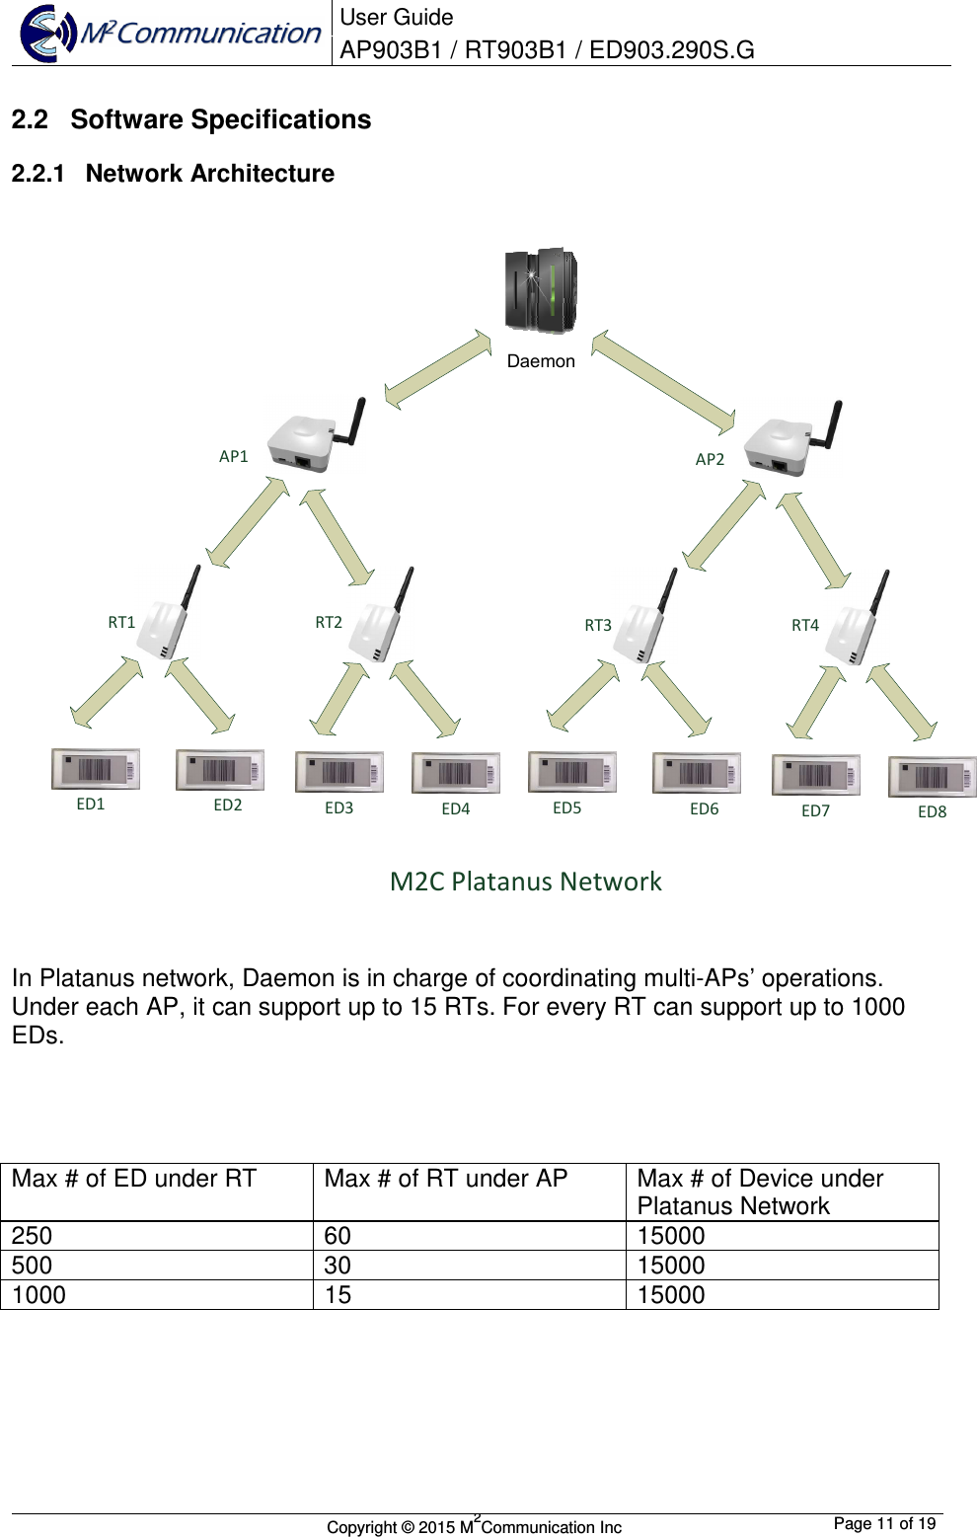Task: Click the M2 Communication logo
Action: pyautogui.click(x=171, y=33)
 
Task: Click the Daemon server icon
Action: pyautogui.click(x=541, y=290)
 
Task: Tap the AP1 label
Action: pyautogui.click(x=234, y=456)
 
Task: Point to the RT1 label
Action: pyautogui.click(x=121, y=622)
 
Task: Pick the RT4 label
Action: pyautogui.click(x=805, y=625)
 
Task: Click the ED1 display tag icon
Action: pyautogui.click(x=96, y=770)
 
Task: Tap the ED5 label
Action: pyautogui.click(x=567, y=807)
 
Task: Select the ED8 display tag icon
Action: pyautogui.click(x=932, y=777)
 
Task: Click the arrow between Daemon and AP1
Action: pyautogui.click(x=437, y=369)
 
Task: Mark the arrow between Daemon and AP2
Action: pyautogui.click(x=663, y=383)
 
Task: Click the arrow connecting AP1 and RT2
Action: pyautogui.click(x=337, y=536)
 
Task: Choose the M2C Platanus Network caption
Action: pyautogui.click(x=525, y=881)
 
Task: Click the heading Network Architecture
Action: pyautogui.click(x=209, y=174)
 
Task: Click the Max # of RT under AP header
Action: pyautogui.click(x=446, y=1179)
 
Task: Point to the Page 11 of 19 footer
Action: pyautogui.click(x=884, y=1523)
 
